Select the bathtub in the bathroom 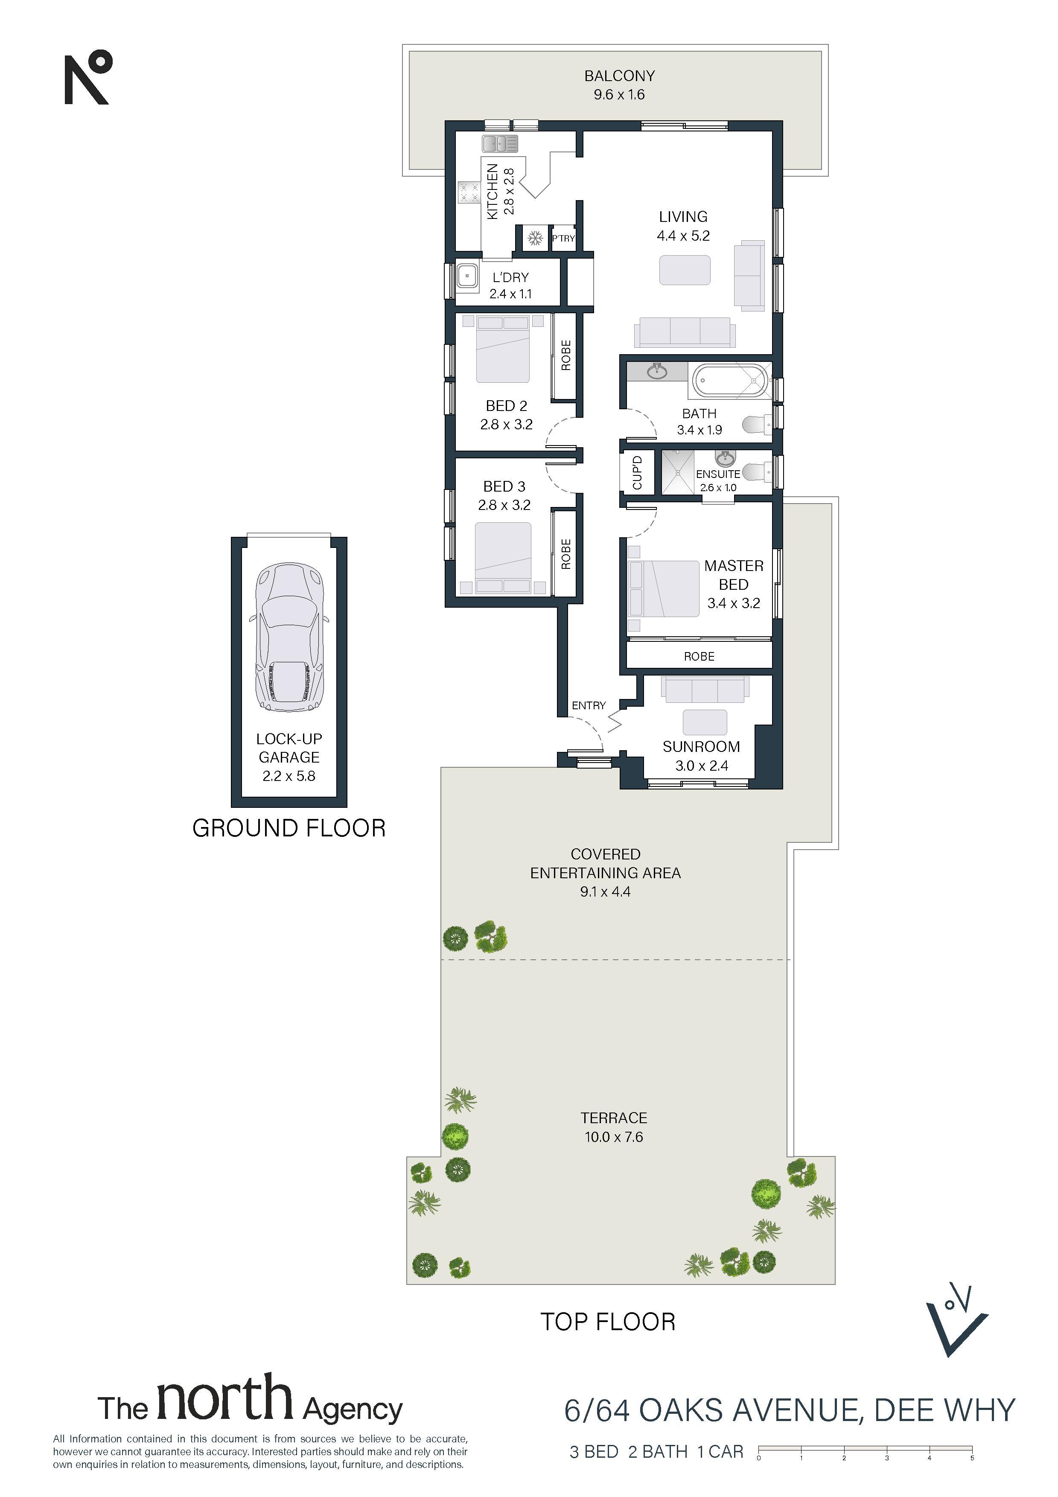click(729, 380)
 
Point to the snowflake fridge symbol click(535, 238)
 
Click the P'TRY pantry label click(563, 238)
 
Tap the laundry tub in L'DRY click(467, 275)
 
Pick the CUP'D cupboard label click(638, 473)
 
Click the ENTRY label click(589, 705)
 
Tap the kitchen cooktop click(468, 192)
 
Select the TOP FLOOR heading click(608, 1322)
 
